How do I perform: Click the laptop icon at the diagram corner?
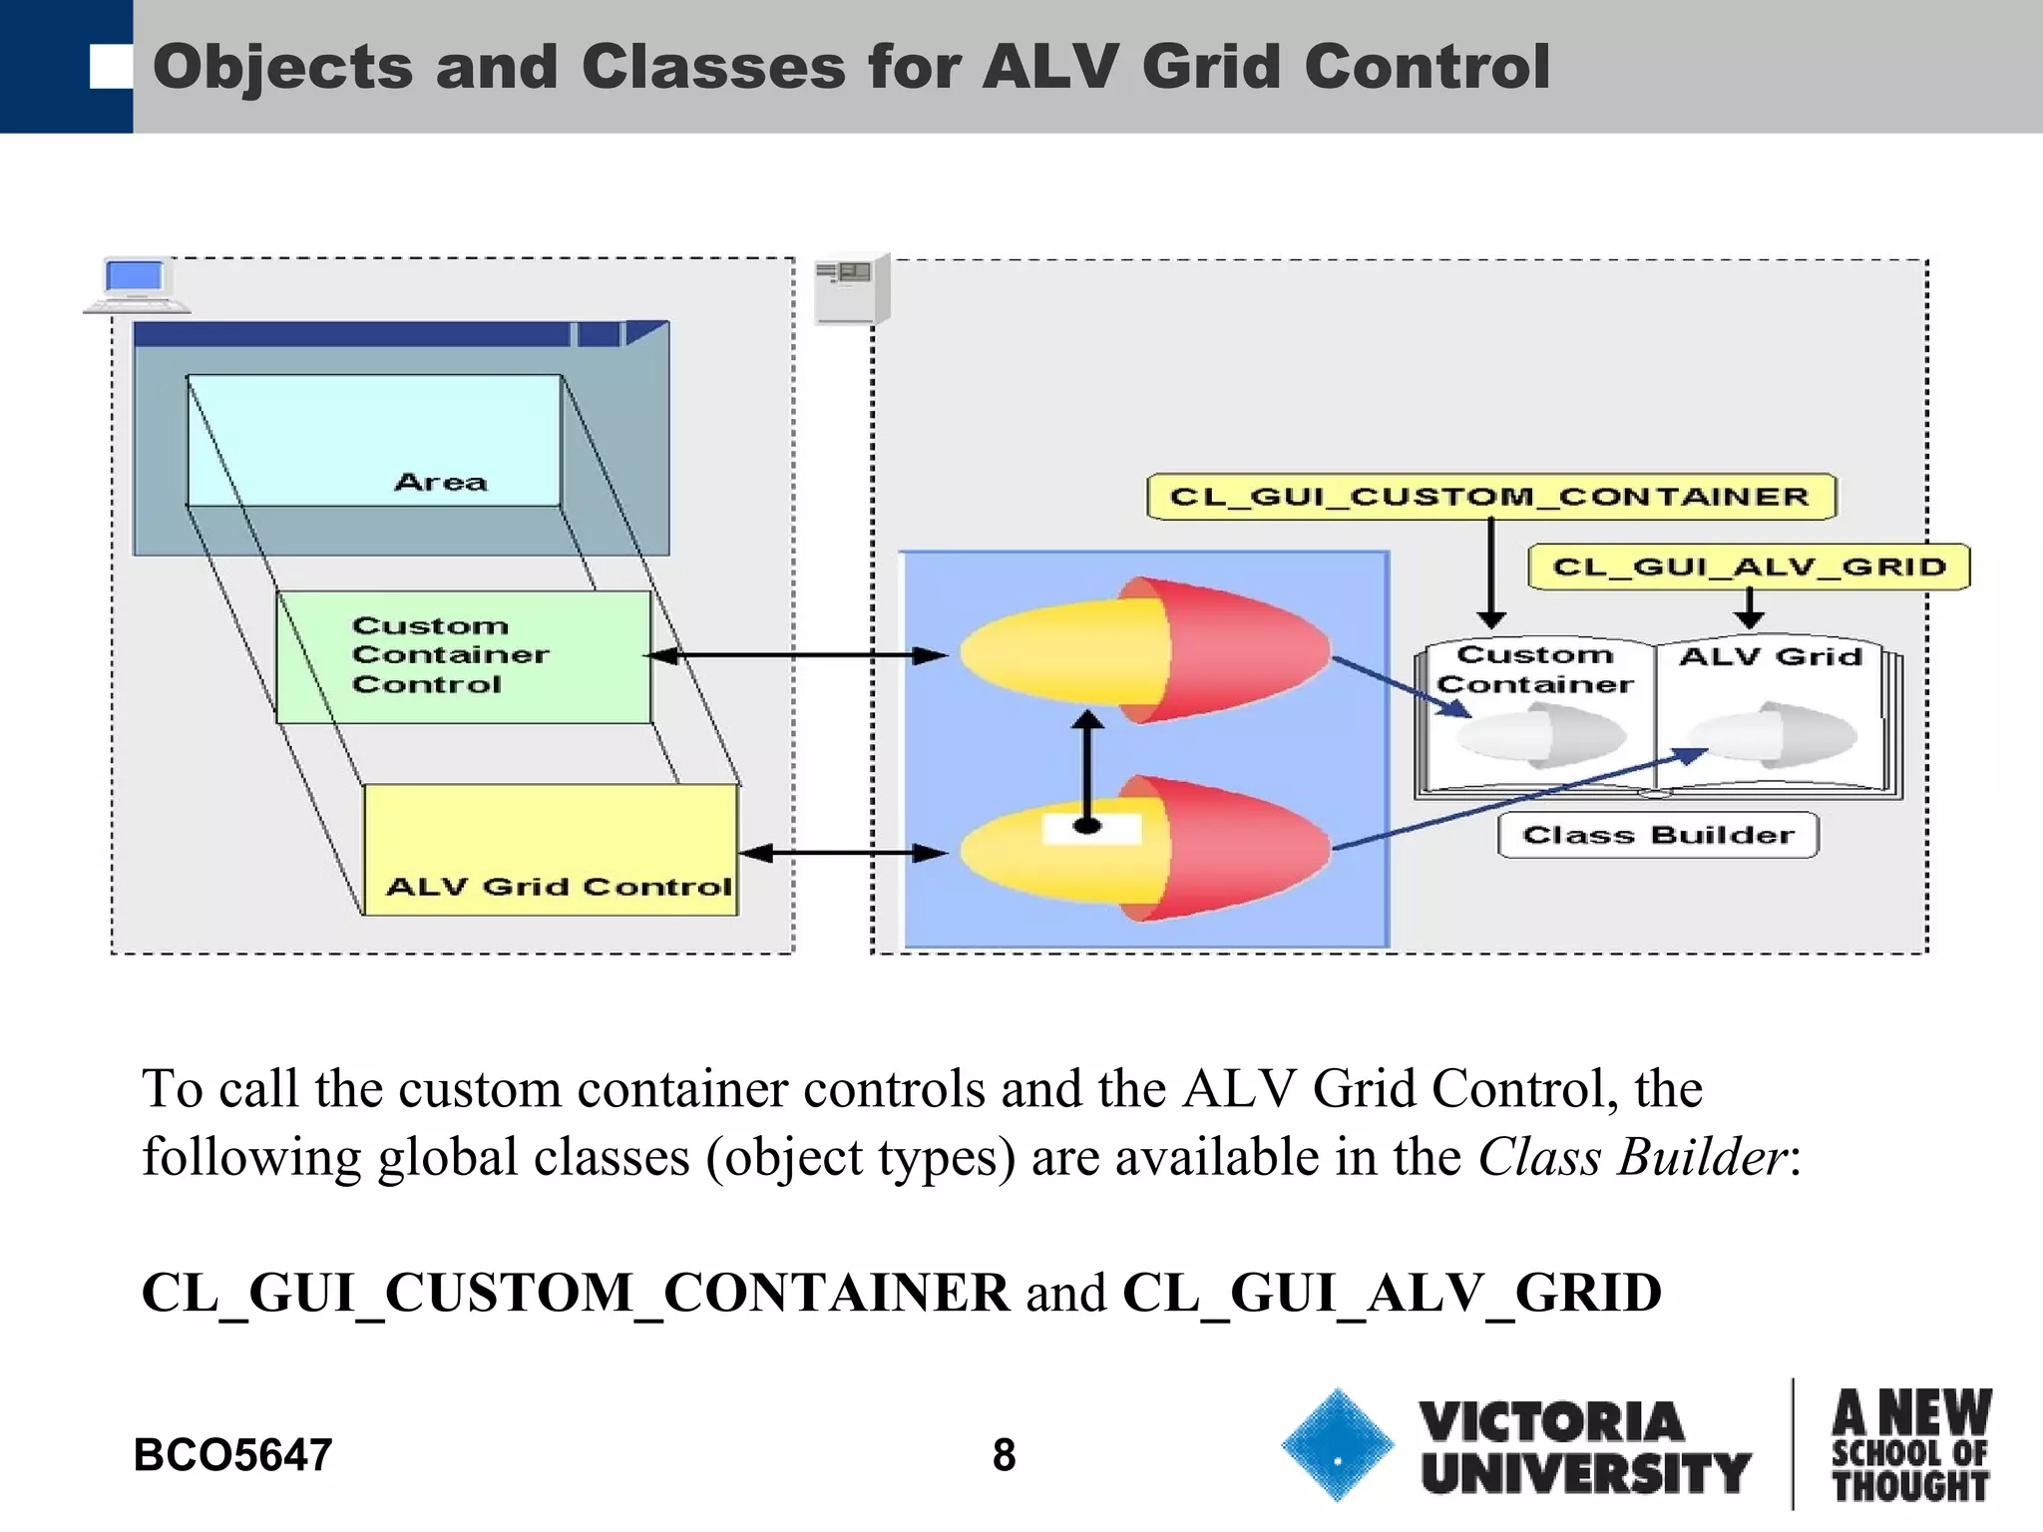136,285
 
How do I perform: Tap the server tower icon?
850,289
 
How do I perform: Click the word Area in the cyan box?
441,483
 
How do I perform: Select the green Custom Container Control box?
463,656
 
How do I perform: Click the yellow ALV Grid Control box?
551,850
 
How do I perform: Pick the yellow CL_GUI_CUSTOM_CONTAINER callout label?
1490,497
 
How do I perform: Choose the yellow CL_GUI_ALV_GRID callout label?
1749,567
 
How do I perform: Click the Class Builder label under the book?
1658,835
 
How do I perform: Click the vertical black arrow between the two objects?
1087,768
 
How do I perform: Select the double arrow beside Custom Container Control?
796,655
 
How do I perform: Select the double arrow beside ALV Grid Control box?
843,853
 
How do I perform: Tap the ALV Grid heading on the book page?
1771,656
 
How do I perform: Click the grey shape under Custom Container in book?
1541,736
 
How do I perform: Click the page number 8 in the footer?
1004,1455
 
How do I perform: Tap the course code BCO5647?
232,1455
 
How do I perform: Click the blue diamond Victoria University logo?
1337,1445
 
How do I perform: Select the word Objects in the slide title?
282,68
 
